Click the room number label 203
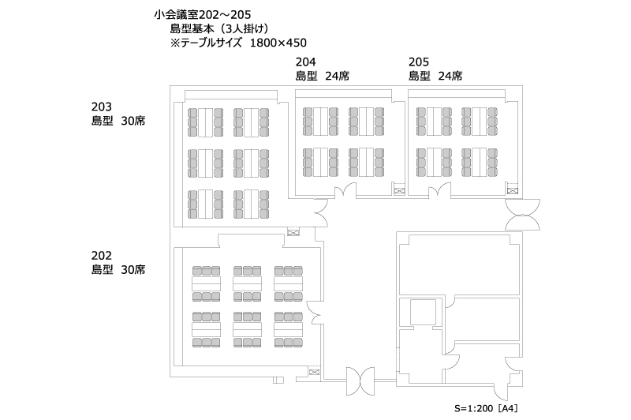[102, 107]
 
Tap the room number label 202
[102, 256]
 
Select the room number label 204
[306, 62]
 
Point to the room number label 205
[419, 62]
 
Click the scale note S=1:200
[474, 408]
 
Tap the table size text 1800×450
[278, 43]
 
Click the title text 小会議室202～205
[203, 15]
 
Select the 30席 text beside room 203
[133, 121]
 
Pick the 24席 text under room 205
[450, 76]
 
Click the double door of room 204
[345, 190]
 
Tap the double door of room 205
[439, 190]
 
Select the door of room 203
[321, 212]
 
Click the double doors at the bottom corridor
[360, 381]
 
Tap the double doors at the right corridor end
[523, 214]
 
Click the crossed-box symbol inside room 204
[399, 190]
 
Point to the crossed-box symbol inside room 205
[512, 190]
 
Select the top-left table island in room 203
[205, 122]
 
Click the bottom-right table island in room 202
[288, 329]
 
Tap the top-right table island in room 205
[480, 122]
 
